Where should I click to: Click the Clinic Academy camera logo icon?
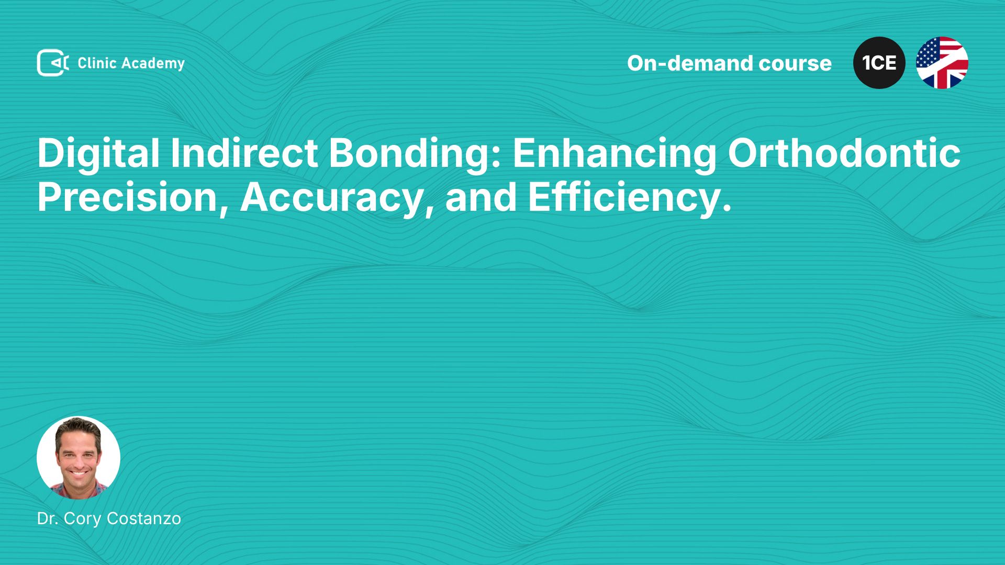tap(53, 63)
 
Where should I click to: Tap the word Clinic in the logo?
tap(97, 63)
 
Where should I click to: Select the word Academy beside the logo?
tap(153, 64)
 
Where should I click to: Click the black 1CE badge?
tap(879, 63)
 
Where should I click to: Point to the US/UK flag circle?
tap(942, 63)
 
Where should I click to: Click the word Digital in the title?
tap(98, 154)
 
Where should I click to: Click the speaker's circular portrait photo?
tap(79, 458)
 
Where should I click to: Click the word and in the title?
tap(481, 198)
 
